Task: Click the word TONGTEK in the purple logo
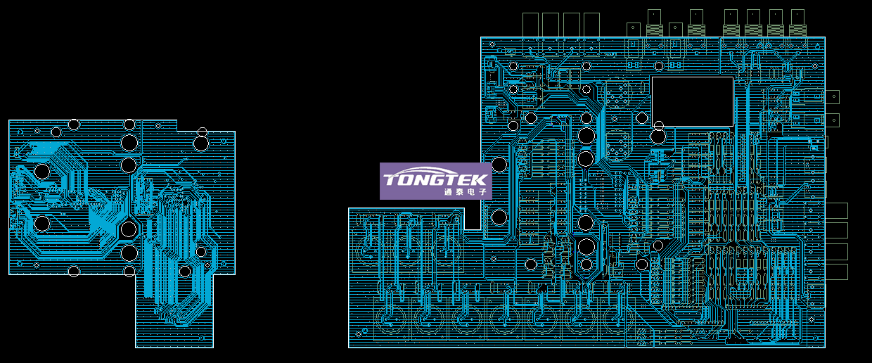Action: click(x=435, y=179)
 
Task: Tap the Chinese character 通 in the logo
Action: click(x=448, y=191)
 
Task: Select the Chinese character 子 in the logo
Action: click(x=482, y=191)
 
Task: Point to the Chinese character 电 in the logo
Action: click(x=471, y=191)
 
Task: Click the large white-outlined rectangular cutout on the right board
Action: click(x=692, y=77)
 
